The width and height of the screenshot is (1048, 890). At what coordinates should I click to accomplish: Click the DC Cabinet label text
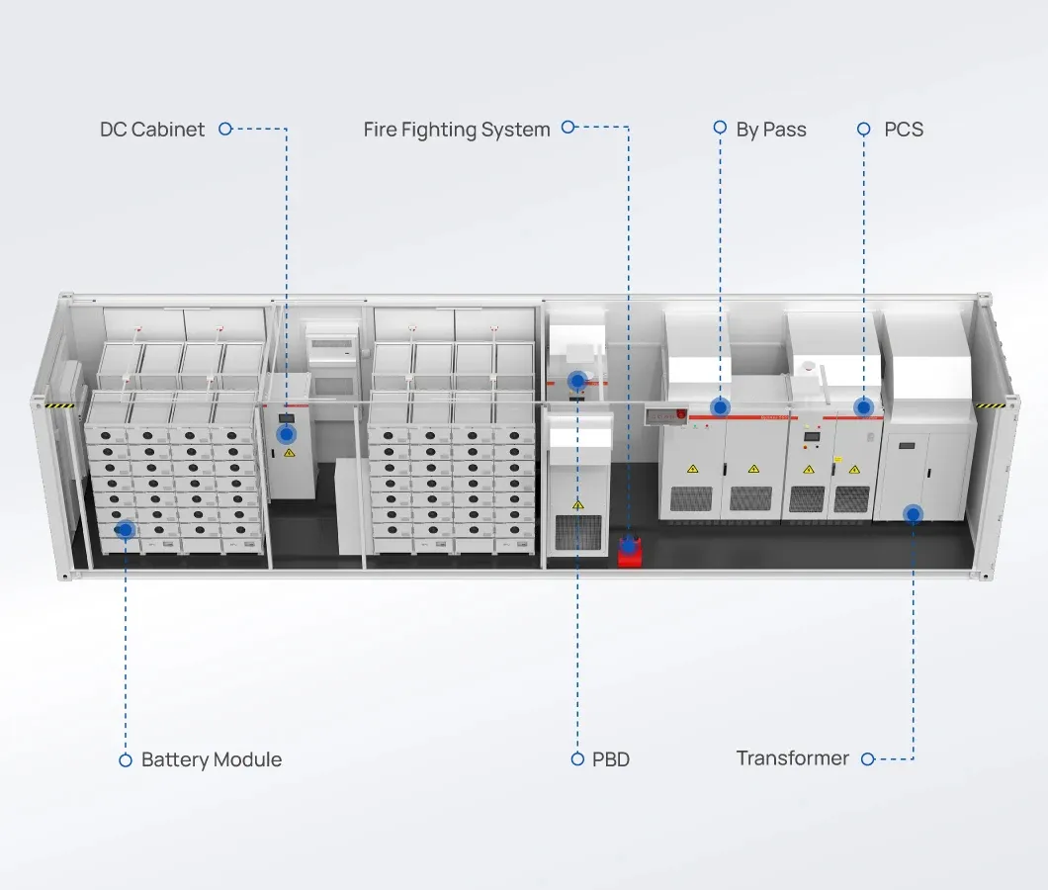click(152, 130)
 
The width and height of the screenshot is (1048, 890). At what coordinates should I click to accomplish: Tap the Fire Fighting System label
click(456, 130)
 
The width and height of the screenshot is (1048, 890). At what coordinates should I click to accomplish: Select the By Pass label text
click(771, 130)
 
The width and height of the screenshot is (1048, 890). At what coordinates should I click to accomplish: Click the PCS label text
click(904, 130)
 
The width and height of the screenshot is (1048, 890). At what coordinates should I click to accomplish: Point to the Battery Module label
click(211, 760)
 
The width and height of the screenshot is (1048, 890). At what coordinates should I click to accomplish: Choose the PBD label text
click(611, 760)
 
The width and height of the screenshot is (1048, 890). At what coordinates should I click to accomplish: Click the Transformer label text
click(792, 758)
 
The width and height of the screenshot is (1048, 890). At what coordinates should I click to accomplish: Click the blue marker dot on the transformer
click(913, 514)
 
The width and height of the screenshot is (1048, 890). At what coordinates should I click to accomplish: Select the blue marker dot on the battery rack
click(126, 531)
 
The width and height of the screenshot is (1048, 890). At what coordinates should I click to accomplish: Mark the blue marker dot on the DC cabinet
click(287, 433)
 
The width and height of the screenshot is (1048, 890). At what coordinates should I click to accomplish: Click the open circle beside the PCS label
click(863, 129)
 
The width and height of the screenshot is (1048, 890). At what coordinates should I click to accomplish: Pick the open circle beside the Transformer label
click(868, 759)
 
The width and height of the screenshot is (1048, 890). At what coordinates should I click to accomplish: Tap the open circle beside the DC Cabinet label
click(224, 129)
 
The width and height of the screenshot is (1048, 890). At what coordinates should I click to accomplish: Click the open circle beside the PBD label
click(577, 759)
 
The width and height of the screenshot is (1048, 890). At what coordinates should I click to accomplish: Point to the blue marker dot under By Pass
click(720, 406)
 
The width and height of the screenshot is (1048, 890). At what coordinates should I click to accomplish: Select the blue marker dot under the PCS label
click(863, 406)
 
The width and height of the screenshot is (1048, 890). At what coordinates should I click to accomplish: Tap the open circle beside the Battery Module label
click(126, 760)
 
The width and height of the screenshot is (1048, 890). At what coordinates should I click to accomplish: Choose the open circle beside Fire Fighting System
click(568, 127)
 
